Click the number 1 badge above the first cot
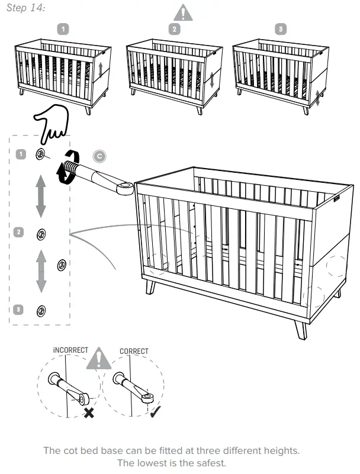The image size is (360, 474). click(63, 29)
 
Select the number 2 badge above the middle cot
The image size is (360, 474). click(174, 29)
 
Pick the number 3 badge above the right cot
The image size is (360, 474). click(281, 29)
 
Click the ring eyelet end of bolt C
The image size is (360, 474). click(125, 189)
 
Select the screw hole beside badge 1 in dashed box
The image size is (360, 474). click(41, 154)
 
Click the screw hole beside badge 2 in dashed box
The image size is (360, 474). click(41, 234)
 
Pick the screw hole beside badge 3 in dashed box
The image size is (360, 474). click(41, 309)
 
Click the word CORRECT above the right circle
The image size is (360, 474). click(134, 351)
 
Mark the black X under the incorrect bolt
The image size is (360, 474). click(89, 412)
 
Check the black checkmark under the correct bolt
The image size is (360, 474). click(156, 412)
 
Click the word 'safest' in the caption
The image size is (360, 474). click(210, 462)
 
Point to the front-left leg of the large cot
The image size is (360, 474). click(150, 288)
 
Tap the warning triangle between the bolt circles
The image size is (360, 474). click(98, 359)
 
